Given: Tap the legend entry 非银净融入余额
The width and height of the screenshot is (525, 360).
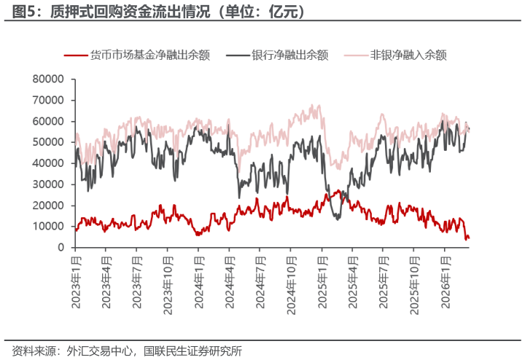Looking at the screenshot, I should tap(408, 55).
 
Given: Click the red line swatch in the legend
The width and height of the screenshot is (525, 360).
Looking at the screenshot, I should tap(75, 55).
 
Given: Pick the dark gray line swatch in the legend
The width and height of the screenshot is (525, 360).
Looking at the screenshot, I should tap(238, 55).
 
